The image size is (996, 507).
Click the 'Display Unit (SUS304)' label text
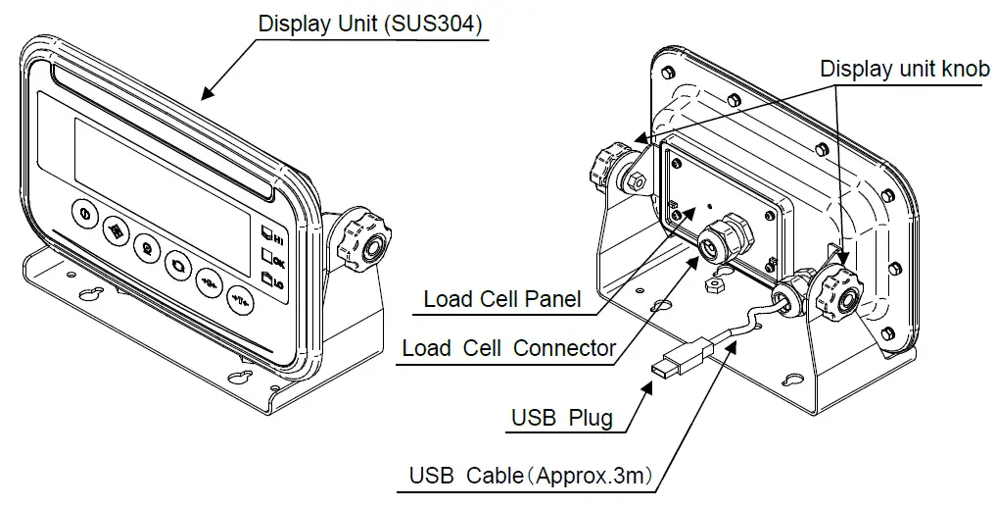pyautogui.click(x=370, y=25)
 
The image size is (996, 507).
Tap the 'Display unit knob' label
pyautogui.click(x=904, y=69)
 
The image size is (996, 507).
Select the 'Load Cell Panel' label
pyautogui.click(x=501, y=299)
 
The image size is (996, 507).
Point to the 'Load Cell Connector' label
pyautogui.click(x=508, y=347)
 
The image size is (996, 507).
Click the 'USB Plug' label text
pyautogui.click(x=561, y=418)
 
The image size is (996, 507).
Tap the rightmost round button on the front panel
pyautogui.click(x=241, y=297)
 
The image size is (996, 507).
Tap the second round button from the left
pyautogui.click(x=116, y=231)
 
